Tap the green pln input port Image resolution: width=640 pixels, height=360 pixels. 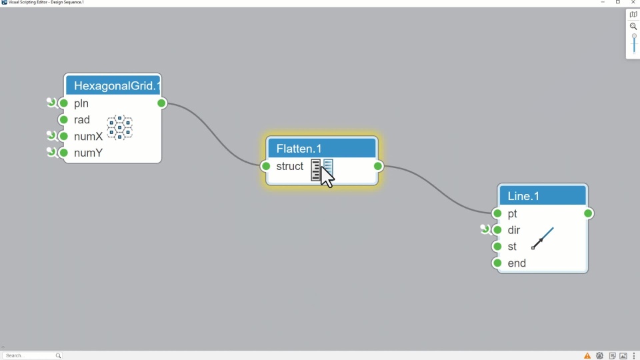coord(64,103)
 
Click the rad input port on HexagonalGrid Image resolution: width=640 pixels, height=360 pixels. coord(64,120)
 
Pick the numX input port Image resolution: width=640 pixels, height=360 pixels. coord(64,136)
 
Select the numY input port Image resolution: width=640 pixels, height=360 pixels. coord(64,153)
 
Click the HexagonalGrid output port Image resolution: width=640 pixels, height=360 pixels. coord(161,103)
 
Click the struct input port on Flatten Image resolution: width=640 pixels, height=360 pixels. coord(266,166)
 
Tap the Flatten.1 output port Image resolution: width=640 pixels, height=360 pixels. coord(378,166)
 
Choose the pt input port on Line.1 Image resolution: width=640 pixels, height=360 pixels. coord(497,213)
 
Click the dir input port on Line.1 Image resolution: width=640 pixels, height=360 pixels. coord(497,230)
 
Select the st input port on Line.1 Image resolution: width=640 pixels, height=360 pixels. coord(497,247)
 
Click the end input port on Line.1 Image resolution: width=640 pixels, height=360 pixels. coord(497,263)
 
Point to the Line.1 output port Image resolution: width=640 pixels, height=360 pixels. coord(588,213)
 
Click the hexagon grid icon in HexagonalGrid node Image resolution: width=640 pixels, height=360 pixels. coord(120,127)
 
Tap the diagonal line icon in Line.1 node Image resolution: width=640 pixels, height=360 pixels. coord(543,238)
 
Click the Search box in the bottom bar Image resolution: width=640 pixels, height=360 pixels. coord(30,355)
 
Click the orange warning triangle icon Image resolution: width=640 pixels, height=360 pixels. coord(587,356)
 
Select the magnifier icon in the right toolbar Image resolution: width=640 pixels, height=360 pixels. coord(633,27)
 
